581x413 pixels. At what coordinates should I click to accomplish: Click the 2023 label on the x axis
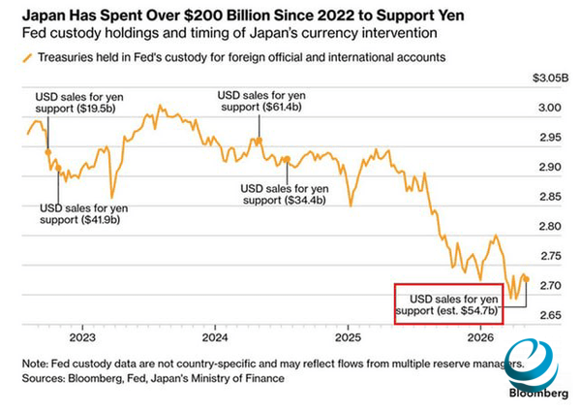82,337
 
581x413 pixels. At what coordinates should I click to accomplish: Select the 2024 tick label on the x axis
215,337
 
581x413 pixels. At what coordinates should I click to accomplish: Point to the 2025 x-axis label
348,337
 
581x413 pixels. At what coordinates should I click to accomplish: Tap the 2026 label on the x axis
480,337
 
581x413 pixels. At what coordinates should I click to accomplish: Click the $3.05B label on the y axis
550,79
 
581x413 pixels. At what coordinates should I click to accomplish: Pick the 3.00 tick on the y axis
550,108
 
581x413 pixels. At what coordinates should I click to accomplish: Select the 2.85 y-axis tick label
550,197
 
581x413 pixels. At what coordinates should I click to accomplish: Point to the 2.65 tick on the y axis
550,315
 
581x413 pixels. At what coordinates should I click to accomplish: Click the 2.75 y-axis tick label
550,256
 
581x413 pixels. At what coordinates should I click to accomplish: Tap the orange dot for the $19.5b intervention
48,152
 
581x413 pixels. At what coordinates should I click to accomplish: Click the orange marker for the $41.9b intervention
58,169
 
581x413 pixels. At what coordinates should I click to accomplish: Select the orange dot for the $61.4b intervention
260,141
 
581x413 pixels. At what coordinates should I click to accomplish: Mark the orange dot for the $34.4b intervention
287,159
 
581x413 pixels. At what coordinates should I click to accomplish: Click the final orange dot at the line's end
527,279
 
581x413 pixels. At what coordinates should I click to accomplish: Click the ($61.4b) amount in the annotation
282,108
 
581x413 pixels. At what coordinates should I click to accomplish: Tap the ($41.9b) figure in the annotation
101,220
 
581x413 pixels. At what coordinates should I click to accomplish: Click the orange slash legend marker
27,58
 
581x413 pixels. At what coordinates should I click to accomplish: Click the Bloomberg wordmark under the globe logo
538,394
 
